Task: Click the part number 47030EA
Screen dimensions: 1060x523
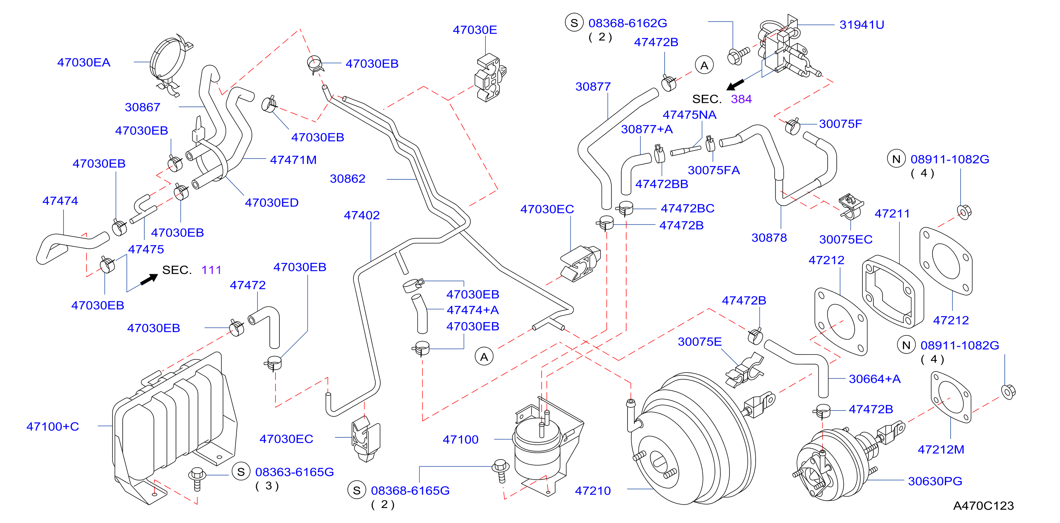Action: tap(84, 62)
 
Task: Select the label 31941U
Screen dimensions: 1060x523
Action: tap(862, 25)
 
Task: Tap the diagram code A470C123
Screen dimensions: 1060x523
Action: tap(983, 506)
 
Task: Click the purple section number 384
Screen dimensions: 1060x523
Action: tap(741, 99)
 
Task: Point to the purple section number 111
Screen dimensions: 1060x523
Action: tap(212, 270)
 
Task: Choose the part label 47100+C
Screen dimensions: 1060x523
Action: tap(53, 426)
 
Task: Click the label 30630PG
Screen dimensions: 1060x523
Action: tap(935, 481)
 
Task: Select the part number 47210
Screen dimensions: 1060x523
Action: tap(593, 491)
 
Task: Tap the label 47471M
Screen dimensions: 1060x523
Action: tap(293, 160)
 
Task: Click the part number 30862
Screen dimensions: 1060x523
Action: tap(347, 179)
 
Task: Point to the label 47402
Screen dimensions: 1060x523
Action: tap(362, 215)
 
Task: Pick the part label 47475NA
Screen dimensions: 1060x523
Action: tap(689, 115)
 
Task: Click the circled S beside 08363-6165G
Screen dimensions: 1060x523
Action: tap(241, 472)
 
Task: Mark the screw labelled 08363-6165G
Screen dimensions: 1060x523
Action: tap(197, 478)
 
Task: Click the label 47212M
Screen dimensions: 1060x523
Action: tap(941, 449)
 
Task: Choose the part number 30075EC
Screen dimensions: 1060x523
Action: tap(846, 239)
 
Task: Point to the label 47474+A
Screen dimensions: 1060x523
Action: tap(472, 310)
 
